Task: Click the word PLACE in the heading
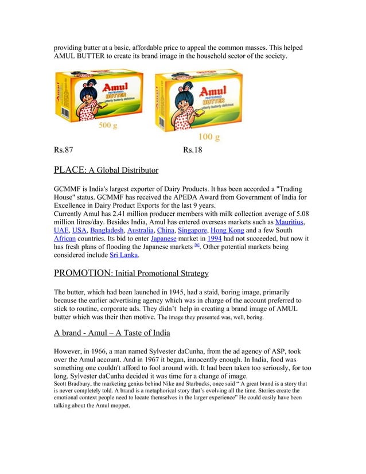click(69, 170)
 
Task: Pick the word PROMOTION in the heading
click(83, 273)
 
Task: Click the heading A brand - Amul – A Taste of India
click(112, 333)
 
